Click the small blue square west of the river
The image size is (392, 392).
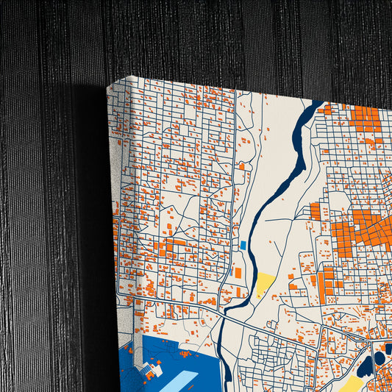243,244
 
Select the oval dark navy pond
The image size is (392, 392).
379,357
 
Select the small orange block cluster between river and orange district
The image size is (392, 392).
316,211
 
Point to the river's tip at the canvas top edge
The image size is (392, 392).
321,104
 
